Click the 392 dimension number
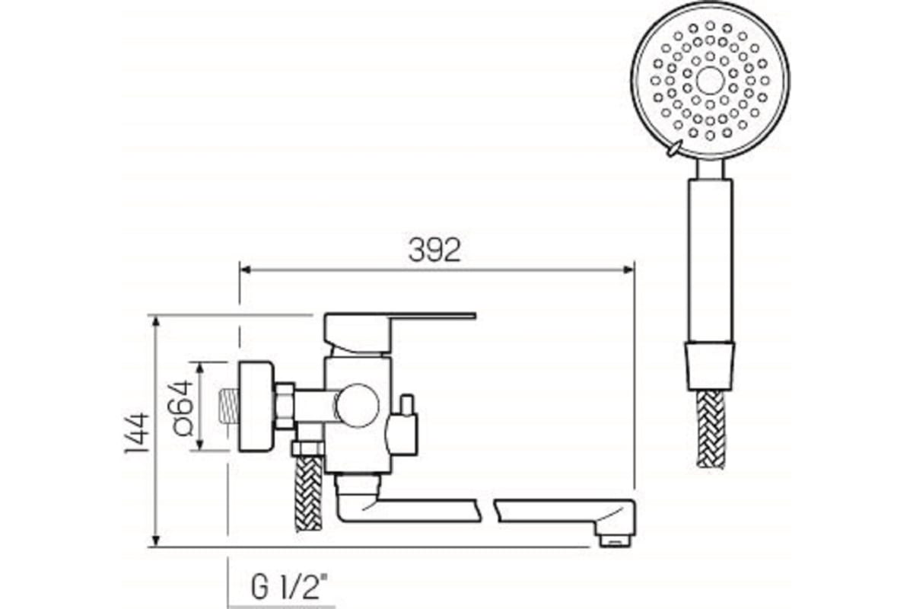pos(434,250)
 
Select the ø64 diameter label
pos(183,407)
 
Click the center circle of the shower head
pos(710,81)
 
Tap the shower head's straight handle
pos(711,259)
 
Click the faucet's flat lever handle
pos(426,315)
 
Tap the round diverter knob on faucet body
pos(358,405)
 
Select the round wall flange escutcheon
pos(255,407)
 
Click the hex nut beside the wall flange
pos(285,405)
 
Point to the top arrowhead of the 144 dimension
pos(156,320)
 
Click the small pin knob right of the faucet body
pos(407,401)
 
